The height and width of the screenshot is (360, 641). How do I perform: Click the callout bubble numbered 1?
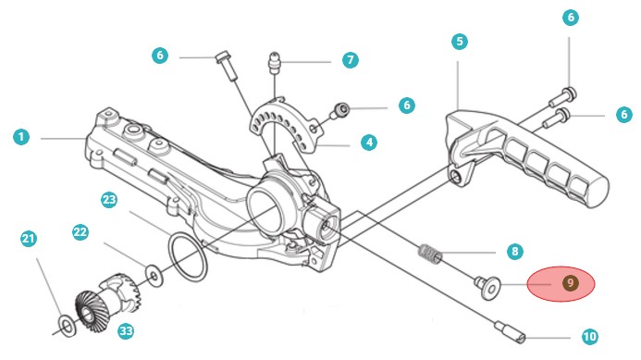[x=21, y=137]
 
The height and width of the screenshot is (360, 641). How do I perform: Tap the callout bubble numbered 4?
[x=369, y=143]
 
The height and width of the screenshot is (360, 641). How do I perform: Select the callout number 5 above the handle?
[x=460, y=42]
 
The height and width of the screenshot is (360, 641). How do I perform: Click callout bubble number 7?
[x=351, y=60]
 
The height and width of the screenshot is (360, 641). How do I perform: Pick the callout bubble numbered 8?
[x=514, y=251]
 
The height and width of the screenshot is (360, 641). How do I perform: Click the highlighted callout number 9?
[x=571, y=283]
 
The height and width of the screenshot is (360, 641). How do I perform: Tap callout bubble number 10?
[x=589, y=337]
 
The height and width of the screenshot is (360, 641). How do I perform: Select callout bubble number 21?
[x=29, y=239]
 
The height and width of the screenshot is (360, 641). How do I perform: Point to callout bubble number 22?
[x=80, y=232]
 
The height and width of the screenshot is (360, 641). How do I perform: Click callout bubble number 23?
[x=109, y=200]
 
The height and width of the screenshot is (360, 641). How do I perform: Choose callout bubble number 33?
[x=126, y=330]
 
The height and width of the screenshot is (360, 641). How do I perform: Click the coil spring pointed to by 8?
[x=430, y=254]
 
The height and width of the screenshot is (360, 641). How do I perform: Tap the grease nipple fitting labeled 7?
[x=275, y=62]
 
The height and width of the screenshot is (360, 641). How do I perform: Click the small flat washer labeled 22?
[x=154, y=276]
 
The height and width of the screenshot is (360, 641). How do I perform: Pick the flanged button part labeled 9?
[x=487, y=287]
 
